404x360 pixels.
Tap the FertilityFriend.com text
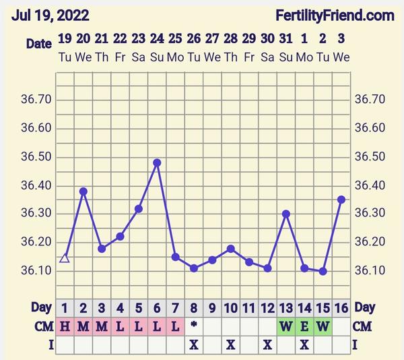click(x=335, y=15)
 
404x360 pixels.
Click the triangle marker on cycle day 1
click(x=65, y=258)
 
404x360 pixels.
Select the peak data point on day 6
click(x=157, y=162)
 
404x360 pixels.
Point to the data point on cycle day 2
click(x=83, y=191)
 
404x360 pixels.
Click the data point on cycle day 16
click(x=341, y=200)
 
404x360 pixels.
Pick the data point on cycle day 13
click(x=286, y=214)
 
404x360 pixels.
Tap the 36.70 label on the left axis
click(x=36, y=100)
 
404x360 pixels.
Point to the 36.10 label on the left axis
click(x=36, y=271)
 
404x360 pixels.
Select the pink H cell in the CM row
click(x=65, y=327)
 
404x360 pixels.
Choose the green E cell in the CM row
click(x=304, y=327)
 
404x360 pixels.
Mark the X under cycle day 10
click(x=231, y=344)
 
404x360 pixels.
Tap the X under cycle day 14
click(x=304, y=344)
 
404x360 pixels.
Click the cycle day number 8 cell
click(x=194, y=308)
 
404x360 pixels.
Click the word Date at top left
click(x=38, y=43)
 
